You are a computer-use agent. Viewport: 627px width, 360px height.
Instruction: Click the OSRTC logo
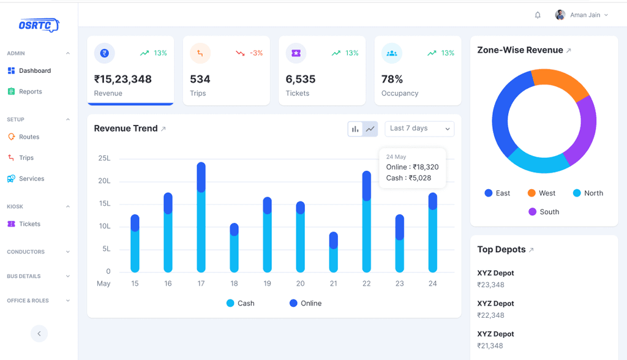coord(39,25)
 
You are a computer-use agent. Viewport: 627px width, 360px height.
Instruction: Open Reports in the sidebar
coord(30,92)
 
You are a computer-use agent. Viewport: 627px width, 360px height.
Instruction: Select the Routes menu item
coord(29,137)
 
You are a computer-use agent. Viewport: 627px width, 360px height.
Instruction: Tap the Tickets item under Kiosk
coord(29,224)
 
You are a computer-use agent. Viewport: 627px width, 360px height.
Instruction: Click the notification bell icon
coord(538,15)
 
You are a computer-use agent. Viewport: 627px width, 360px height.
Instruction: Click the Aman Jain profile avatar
coord(560,15)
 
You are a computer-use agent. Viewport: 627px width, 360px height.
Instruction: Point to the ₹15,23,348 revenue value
coord(123,79)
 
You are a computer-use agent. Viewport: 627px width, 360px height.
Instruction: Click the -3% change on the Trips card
coord(256,53)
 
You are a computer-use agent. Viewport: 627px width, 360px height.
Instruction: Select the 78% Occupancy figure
coord(392,79)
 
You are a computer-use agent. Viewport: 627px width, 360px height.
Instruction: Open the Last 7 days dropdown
coord(419,129)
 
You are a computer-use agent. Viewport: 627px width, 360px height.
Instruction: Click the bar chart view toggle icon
coord(355,129)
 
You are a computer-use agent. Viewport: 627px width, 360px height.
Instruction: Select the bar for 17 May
coord(201,217)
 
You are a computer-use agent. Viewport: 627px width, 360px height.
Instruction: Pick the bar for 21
coord(334,252)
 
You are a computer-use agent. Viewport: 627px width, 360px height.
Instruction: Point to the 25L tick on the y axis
coord(104,159)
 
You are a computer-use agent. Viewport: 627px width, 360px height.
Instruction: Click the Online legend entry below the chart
coord(306,304)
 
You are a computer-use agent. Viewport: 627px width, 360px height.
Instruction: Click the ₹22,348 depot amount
coord(491,315)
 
